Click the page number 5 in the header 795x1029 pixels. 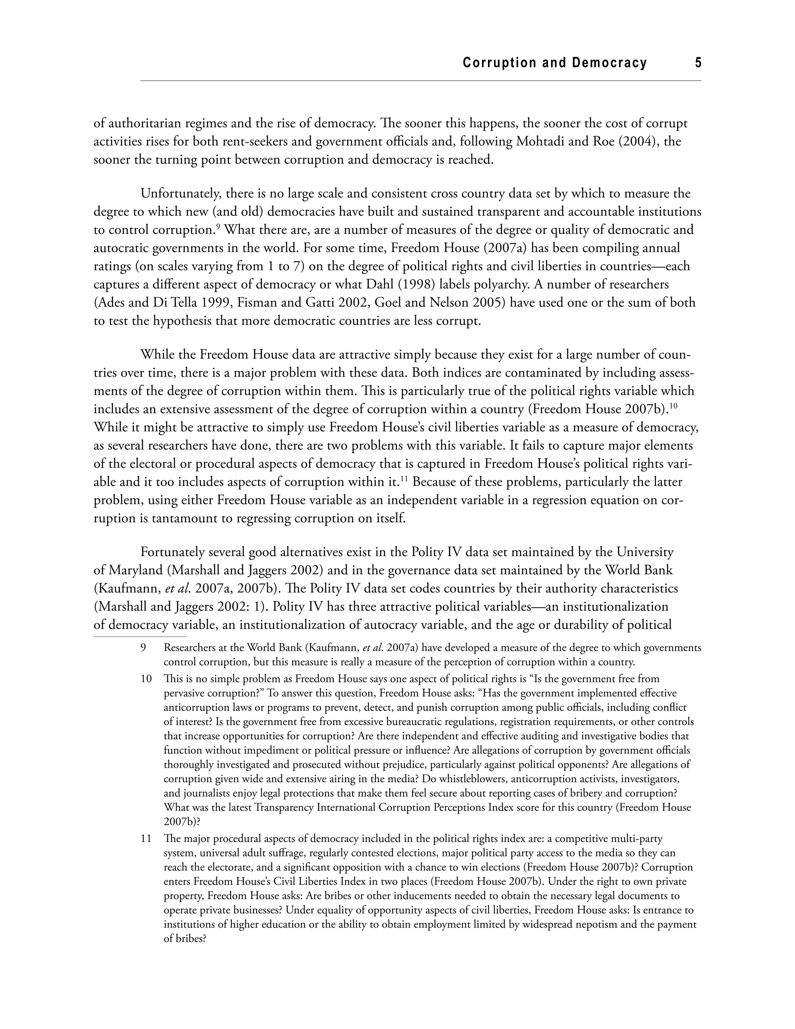(698, 63)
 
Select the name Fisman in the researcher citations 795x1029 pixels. (257, 302)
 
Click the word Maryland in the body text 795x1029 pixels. (135, 570)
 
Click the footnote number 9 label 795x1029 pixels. (143, 648)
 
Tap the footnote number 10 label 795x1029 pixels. (146, 679)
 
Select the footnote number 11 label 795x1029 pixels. (146, 839)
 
